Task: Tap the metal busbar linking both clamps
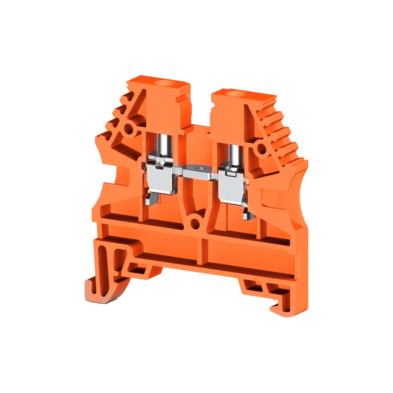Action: point(198,170)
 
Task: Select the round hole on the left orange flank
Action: point(128,128)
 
